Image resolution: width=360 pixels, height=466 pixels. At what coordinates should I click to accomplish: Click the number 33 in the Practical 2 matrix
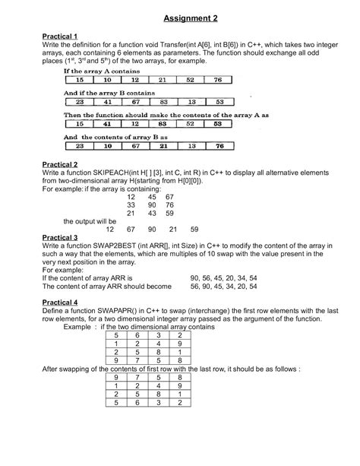coord(131,205)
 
